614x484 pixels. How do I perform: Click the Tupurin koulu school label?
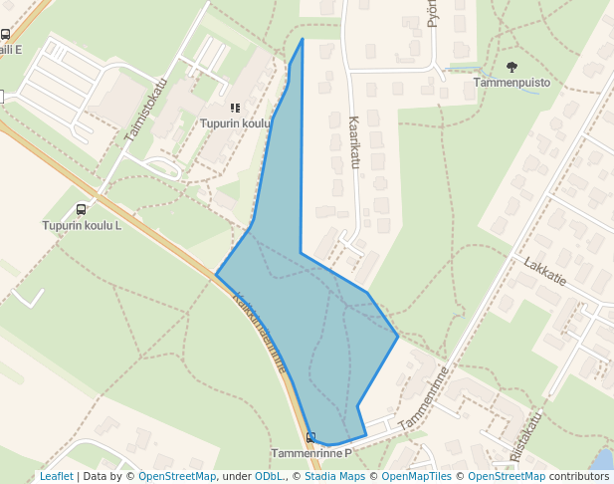(235, 123)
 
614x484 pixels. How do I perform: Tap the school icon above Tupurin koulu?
(235, 108)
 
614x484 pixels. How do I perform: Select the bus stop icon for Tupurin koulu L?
(81, 209)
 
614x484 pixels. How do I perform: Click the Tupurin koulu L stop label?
(82, 225)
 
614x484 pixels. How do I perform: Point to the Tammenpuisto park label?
(512, 83)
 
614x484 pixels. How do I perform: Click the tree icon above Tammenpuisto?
(512, 67)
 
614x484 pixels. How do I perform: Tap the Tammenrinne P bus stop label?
(311, 453)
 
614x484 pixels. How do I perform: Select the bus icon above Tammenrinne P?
(311, 437)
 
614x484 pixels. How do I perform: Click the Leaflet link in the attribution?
(56, 476)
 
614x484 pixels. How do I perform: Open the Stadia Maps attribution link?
(335, 476)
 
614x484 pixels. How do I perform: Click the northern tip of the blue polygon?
(303, 39)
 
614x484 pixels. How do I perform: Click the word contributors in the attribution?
(579, 476)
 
